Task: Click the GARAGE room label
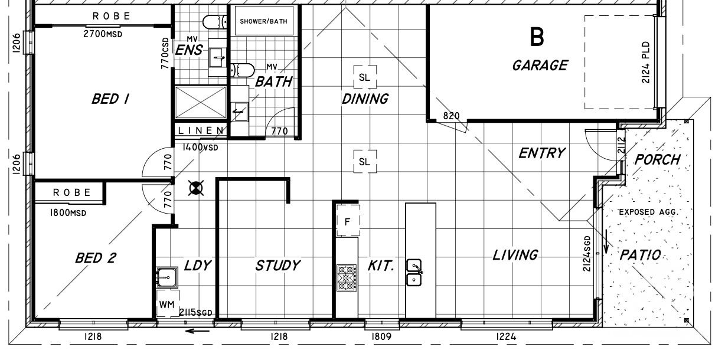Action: pyautogui.click(x=540, y=66)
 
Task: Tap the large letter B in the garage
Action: pyautogui.click(x=537, y=37)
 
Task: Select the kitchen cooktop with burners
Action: pyautogui.click(x=347, y=278)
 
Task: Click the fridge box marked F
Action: pyautogui.click(x=348, y=220)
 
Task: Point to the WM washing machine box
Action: pyautogui.click(x=167, y=304)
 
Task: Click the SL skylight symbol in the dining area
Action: pyautogui.click(x=365, y=77)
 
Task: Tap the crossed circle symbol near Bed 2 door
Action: pyautogui.click(x=196, y=188)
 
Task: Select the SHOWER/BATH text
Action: pyautogui.click(x=263, y=21)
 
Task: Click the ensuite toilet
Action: pyautogui.click(x=214, y=22)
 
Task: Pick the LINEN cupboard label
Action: pyautogui.click(x=201, y=130)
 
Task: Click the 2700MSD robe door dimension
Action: pyautogui.click(x=103, y=34)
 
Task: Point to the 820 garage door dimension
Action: pyautogui.click(x=451, y=116)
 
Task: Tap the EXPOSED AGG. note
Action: pyautogui.click(x=649, y=212)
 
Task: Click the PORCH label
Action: pyautogui.click(x=657, y=159)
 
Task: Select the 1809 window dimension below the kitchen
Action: pyautogui.click(x=381, y=337)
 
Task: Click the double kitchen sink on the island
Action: pyautogui.click(x=414, y=273)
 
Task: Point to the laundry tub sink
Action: pyautogui.click(x=167, y=277)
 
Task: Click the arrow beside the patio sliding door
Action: pyautogui.click(x=606, y=241)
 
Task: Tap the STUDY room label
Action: pyautogui.click(x=277, y=266)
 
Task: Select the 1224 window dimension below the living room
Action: pyautogui.click(x=506, y=337)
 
